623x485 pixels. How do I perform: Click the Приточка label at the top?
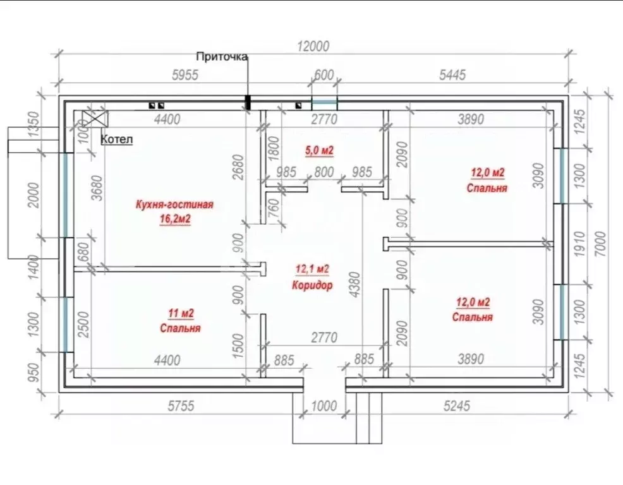tap(222, 57)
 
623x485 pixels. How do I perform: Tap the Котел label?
tap(116, 140)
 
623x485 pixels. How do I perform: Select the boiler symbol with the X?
tap(95, 118)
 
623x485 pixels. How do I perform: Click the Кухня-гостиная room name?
tap(174, 205)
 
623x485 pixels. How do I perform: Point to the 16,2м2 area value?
tap(175, 219)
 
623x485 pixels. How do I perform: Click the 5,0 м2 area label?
tap(319, 150)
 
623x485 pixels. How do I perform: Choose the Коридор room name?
tap(312, 285)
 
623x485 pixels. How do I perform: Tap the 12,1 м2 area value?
tap(312, 269)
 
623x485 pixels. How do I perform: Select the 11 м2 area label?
tap(181, 313)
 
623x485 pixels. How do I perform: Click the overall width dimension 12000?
tap(313, 46)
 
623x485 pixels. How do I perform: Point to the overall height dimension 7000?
tap(601, 244)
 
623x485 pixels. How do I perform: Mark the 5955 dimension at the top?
tap(185, 75)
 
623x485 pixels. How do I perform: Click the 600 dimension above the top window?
tap(324, 75)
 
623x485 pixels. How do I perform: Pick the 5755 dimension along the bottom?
tap(181, 406)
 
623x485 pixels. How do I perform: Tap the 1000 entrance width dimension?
tap(324, 406)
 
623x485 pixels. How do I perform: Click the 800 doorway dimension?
tap(324, 172)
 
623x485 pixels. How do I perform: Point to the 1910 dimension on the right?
tap(579, 244)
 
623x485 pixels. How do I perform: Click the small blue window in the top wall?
tap(324, 103)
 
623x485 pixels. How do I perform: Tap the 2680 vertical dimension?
tap(238, 167)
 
